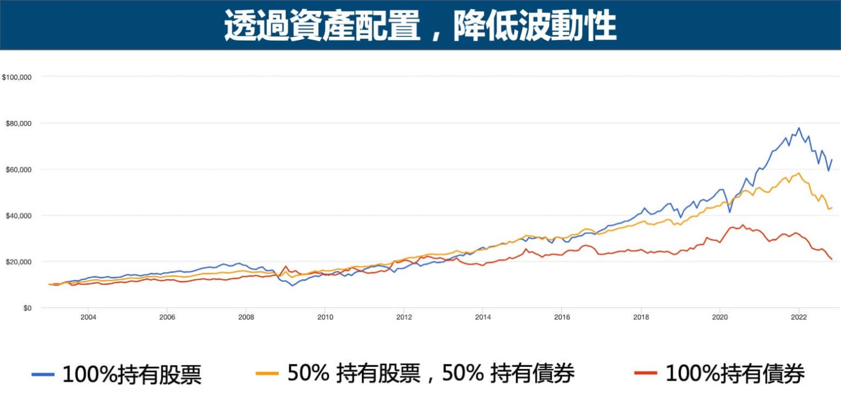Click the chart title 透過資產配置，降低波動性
click(420, 25)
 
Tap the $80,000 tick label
click(18, 123)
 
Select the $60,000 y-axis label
click(18, 169)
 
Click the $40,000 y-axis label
click(18, 216)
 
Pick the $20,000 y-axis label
click(18, 262)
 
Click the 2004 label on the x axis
click(88, 317)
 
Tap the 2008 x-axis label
click(246, 317)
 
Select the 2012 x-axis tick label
click(404, 317)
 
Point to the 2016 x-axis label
click(562, 317)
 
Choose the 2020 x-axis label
click(719, 317)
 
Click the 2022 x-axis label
click(798, 317)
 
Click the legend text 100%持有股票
click(132, 375)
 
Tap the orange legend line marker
click(267, 374)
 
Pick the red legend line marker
click(646, 374)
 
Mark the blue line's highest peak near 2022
click(799, 128)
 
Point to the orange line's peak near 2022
click(799, 173)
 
